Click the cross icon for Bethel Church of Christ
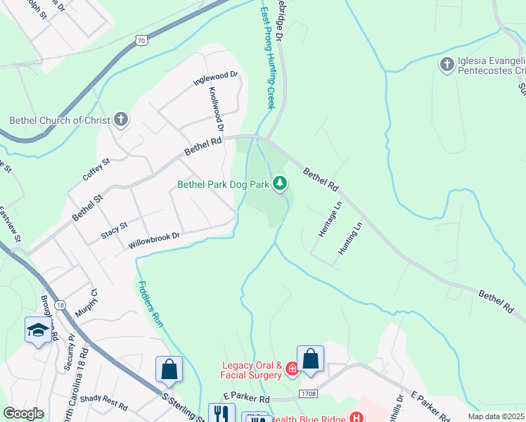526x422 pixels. (121, 120)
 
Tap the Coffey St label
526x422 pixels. (96, 170)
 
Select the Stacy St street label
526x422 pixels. (113, 230)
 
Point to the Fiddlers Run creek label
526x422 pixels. (150, 304)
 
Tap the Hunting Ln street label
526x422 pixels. (349, 238)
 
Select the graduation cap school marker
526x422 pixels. (37, 330)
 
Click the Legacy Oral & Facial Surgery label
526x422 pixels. (252, 370)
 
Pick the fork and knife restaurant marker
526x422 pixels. (222, 413)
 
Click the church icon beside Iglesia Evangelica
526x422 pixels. (446, 65)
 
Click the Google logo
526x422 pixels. (24, 414)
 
